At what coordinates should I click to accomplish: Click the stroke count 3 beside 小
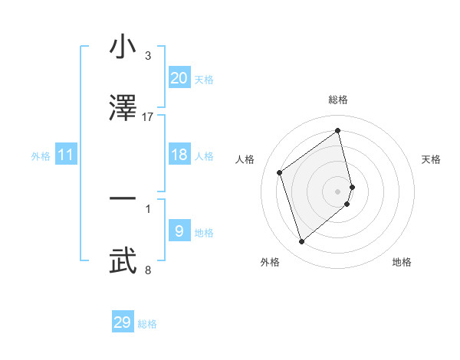148,56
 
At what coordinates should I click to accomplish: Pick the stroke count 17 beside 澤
148,116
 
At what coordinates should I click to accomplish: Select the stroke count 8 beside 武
148,270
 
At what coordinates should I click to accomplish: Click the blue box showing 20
179,77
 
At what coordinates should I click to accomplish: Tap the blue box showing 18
179,155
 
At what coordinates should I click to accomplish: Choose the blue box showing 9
179,231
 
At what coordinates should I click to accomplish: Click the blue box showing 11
66,155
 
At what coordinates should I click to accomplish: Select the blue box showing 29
123,322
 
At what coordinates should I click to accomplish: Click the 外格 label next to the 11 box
41,156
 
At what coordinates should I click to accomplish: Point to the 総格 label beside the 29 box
147,324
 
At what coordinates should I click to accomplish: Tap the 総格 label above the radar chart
338,100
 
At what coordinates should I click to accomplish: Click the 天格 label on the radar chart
432,159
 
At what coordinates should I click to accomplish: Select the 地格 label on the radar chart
402,262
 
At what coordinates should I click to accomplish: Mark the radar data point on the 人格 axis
280,173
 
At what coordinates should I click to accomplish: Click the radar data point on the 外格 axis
301,242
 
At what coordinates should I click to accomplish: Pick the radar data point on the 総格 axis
338,130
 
